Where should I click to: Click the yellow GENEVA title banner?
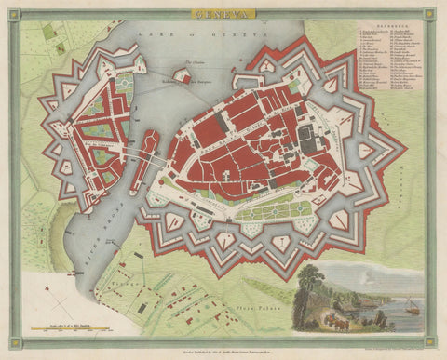(223, 14)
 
